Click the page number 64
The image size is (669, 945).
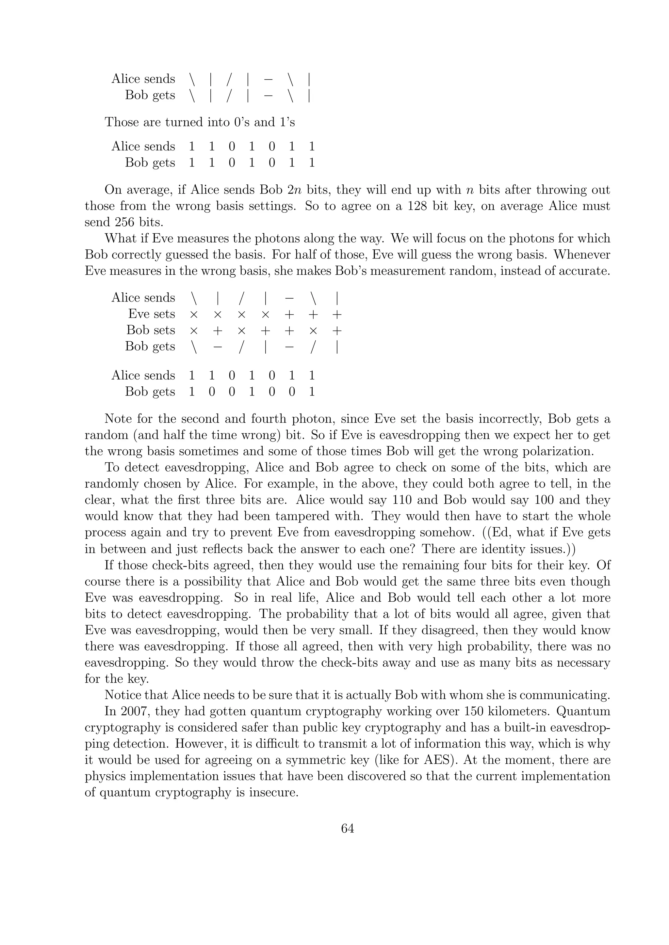tap(347, 828)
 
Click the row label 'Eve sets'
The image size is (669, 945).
tap(151, 314)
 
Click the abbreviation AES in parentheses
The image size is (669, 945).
tap(438, 759)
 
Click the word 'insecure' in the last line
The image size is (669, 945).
tap(272, 792)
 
